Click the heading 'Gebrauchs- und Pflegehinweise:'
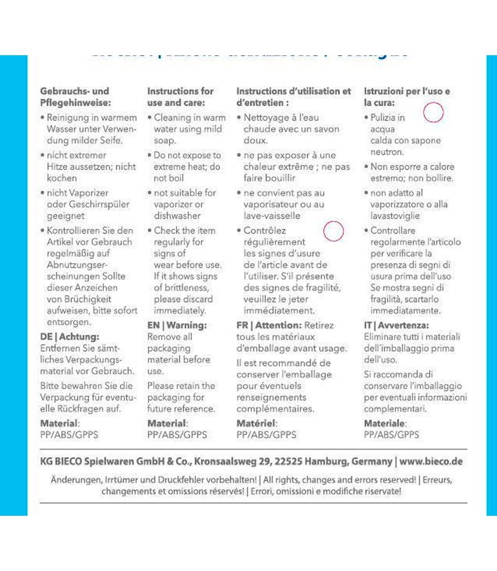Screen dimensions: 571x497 point(74,97)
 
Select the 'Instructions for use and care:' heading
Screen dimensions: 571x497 point(180,97)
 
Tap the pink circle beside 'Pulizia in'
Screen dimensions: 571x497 point(433,112)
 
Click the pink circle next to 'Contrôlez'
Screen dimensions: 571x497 point(333,231)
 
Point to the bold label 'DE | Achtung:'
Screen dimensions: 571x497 point(70,337)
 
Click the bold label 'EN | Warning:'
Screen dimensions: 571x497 point(176,325)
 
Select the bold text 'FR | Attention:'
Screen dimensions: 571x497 point(269,325)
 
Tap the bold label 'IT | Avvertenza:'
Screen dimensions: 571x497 point(396,325)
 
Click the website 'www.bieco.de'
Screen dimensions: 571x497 point(431,461)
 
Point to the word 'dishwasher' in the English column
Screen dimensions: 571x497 point(177,216)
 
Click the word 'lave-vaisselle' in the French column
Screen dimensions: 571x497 point(271,216)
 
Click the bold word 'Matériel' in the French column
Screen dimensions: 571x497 point(255,423)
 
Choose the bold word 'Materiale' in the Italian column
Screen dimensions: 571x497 point(384,423)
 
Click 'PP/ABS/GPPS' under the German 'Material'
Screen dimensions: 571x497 point(69,435)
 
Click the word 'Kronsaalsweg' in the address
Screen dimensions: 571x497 point(227,461)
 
